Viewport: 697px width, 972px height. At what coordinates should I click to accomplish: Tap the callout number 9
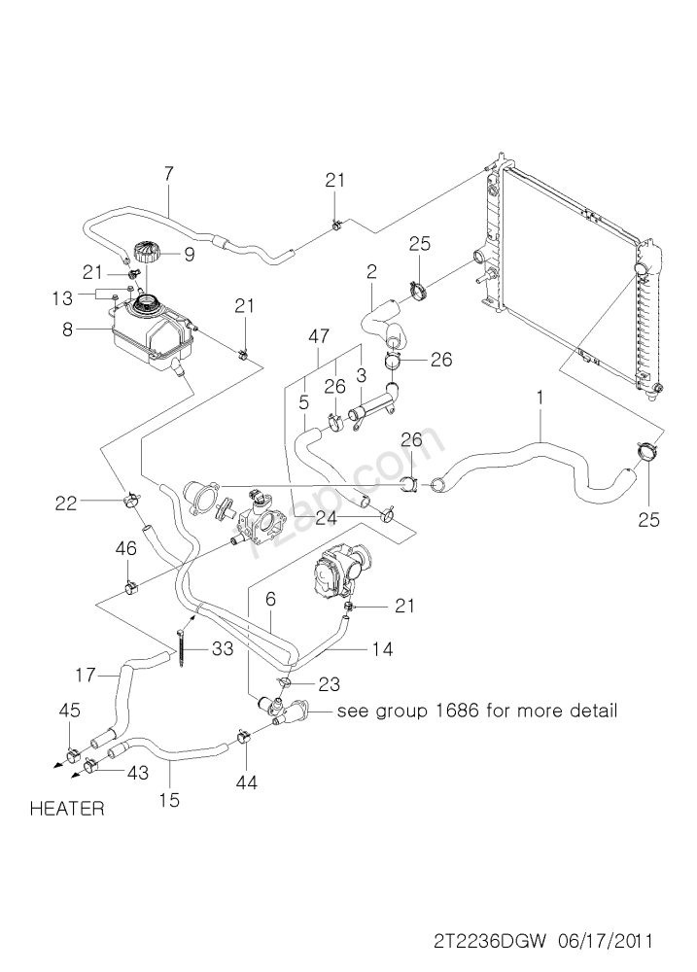click(x=189, y=256)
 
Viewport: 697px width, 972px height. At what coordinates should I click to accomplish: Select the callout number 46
click(x=125, y=550)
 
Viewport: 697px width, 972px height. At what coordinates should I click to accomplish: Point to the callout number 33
click(x=223, y=649)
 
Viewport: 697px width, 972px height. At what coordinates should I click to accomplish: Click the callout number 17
click(x=86, y=672)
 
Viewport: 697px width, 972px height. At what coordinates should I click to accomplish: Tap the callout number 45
click(x=69, y=712)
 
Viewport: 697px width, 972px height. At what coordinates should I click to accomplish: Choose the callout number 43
click(x=138, y=772)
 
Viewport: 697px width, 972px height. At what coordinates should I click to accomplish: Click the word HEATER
click(x=67, y=809)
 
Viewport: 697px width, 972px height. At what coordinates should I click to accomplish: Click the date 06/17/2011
click(x=604, y=941)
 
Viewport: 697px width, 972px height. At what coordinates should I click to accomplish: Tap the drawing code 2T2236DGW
click(x=491, y=941)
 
